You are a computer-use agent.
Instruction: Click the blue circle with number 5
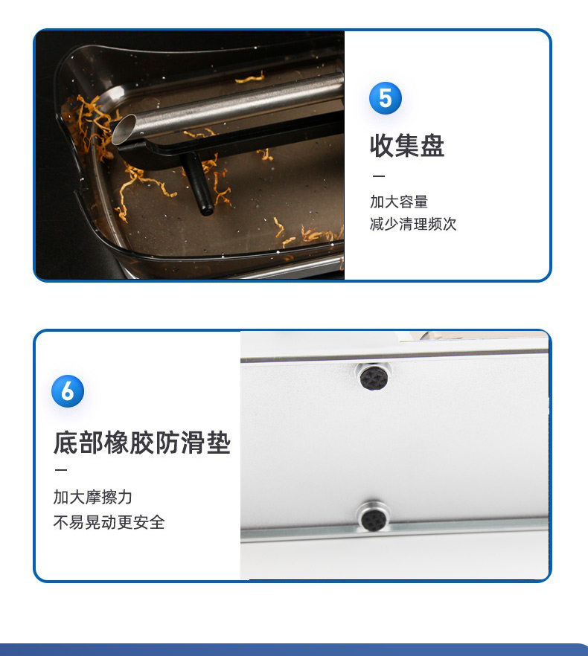click(386, 98)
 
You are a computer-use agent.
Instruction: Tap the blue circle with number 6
click(68, 391)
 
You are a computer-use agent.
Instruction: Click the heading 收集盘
click(406, 146)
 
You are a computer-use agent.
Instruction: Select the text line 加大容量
click(399, 202)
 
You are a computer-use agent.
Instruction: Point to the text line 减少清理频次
click(413, 224)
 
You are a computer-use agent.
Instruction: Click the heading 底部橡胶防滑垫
click(142, 443)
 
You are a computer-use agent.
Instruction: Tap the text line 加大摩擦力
click(92, 497)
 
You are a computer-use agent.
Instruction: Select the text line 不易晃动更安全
click(109, 522)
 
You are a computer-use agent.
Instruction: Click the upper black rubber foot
click(374, 377)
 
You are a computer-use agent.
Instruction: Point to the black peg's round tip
click(206, 209)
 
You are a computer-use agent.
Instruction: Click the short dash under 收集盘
click(379, 176)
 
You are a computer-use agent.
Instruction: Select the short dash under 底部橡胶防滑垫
click(61, 470)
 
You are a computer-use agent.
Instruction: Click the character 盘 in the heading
click(432, 146)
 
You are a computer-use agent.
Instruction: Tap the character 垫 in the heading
click(219, 443)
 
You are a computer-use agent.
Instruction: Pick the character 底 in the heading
click(65, 443)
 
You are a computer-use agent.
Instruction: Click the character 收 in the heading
click(382, 146)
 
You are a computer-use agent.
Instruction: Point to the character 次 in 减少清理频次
click(450, 224)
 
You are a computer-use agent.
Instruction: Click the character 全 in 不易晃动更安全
click(158, 522)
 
